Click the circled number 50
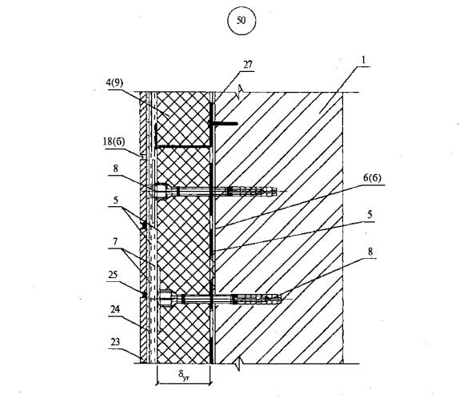[241, 20]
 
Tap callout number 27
[248, 65]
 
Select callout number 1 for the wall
[364, 60]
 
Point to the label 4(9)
[114, 83]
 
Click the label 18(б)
[114, 142]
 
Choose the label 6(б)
[372, 178]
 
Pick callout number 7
[115, 242]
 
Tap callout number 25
[113, 275]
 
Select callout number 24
[115, 309]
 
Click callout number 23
[115, 342]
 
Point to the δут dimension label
[183, 375]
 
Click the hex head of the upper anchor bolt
[160, 192]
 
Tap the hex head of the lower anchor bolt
[166, 298]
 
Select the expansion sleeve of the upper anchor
[252, 191]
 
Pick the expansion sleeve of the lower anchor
[257, 299]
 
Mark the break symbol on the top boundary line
[240, 90]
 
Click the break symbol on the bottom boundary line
[240, 364]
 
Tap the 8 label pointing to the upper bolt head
[115, 169]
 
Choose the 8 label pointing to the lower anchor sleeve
[370, 252]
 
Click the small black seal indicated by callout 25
[144, 295]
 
